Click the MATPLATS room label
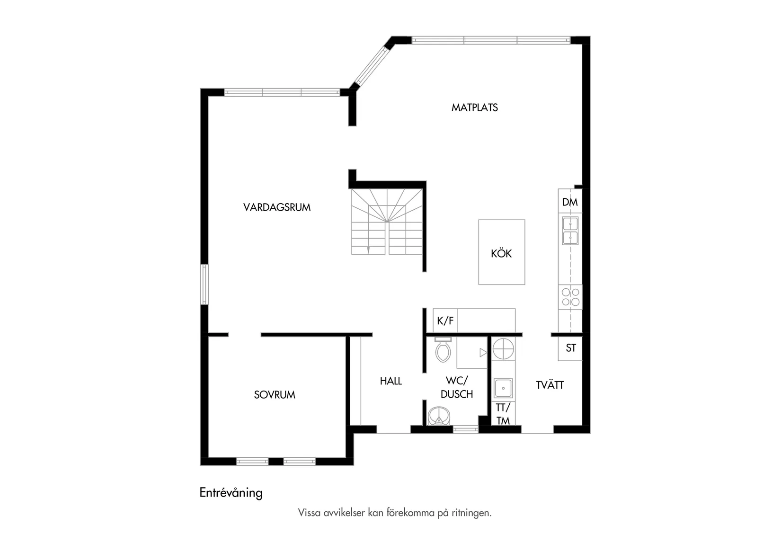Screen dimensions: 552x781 click(474, 107)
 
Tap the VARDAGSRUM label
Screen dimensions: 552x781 click(277, 207)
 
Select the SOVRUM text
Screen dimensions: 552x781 click(275, 394)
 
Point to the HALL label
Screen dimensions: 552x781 click(390, 381)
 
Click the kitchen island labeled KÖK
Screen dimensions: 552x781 click(501, 252)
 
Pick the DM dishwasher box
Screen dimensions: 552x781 click(570, 202)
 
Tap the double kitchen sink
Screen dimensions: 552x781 click(570, 231)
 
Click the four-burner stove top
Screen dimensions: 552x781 click(570, 297)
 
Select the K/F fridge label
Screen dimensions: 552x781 click(445, 321)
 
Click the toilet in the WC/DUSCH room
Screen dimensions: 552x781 click(443, 351)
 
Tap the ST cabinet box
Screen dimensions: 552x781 click(571, 348)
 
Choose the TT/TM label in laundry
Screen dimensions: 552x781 click(503, 414)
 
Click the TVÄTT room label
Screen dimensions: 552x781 click(550, 385)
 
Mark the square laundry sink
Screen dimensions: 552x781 click(503, 388)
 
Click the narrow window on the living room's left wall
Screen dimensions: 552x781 click(204, 284)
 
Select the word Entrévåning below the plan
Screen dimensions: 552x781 click(231, 493)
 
